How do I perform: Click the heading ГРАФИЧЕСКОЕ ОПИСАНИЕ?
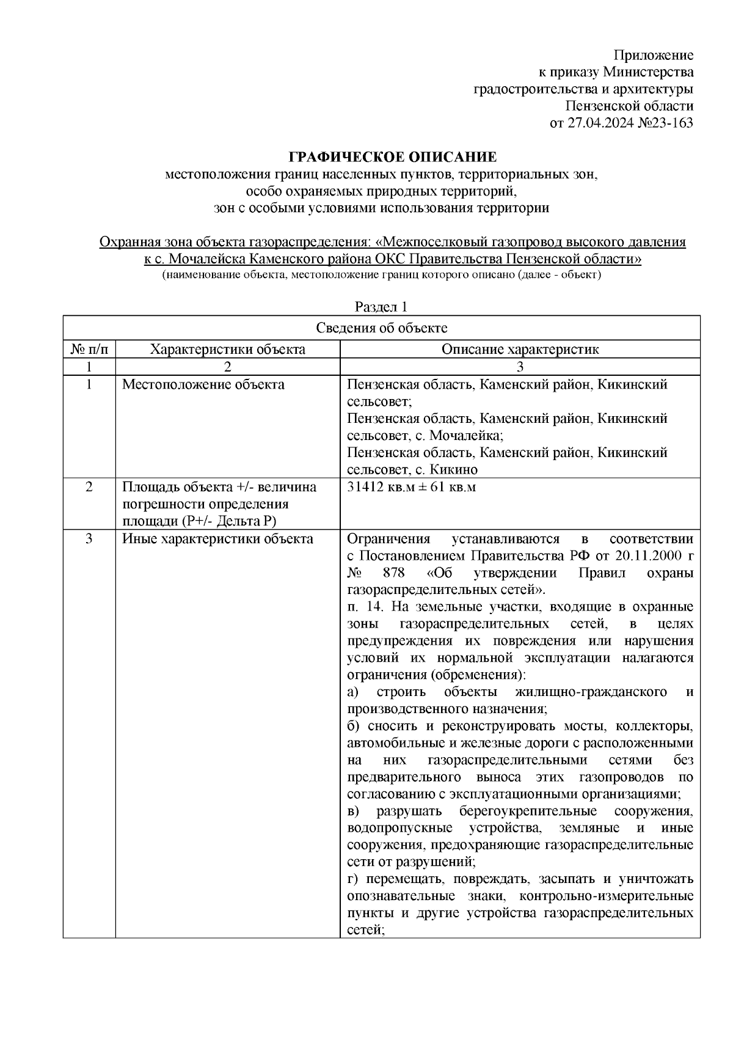(x=393, y=158)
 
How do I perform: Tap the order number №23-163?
(x=666, y=123)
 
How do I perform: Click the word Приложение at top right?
(x=654, y=56)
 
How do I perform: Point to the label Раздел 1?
(x=381, y=306)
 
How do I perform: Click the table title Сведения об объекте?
(x=381, y=328)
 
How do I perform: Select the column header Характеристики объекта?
(x=228, y=350)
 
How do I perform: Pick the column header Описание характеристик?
(x=520, y=350)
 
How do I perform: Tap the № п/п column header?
(x=89, y=350)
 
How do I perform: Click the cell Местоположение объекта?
(x=203, y=385)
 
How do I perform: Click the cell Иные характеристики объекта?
(x=218, y=539)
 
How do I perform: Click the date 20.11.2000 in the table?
(x=643, y=556)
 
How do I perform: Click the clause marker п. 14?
(x=365, y=607)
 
